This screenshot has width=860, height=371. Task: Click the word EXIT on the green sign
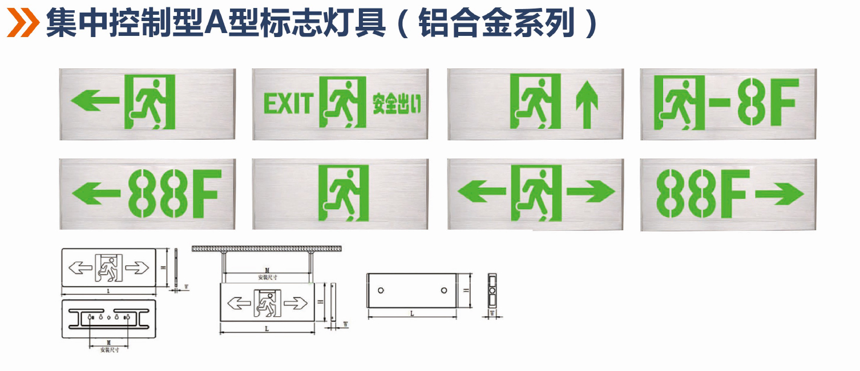(288, 104)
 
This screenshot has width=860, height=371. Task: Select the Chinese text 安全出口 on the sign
(396, 104)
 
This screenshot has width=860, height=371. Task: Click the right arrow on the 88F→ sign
(779, 194)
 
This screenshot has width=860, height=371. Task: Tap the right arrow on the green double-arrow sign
(590, 192)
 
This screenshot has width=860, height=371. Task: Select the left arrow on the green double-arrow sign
(481, 192)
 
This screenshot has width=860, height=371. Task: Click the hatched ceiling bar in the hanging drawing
(267, 249)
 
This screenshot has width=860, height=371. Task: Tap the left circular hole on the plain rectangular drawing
(381, 291)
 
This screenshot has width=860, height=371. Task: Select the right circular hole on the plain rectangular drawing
(443, 291)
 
